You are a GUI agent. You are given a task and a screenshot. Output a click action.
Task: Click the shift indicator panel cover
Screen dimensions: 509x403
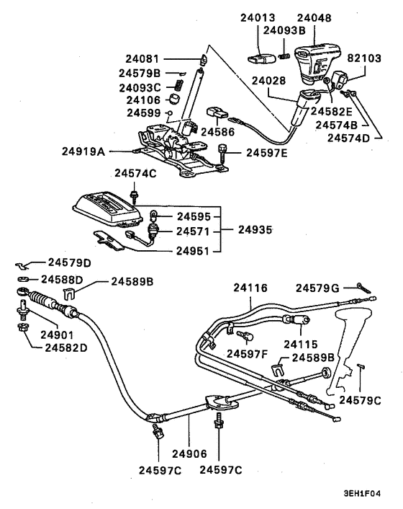tap(109, 208)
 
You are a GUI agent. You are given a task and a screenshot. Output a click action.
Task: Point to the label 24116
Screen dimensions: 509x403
tap(250, 288)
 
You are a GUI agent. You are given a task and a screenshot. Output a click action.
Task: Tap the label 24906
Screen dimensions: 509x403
tap(189, 454)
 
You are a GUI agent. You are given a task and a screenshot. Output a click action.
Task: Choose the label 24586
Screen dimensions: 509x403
tap(219, 132)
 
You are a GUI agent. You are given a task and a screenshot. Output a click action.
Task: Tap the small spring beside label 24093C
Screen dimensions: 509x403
tap(171, 87)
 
